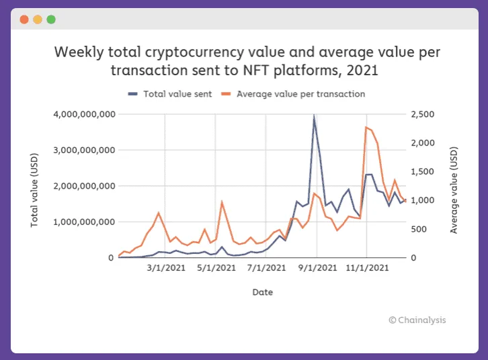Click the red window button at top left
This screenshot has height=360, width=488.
pos(24,19)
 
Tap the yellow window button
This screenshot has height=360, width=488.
pos(38,19)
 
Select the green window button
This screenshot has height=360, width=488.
pos(51,19)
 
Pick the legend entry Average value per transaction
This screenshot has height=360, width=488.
pos(300,94)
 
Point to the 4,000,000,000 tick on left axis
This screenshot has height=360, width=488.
pos(83,114)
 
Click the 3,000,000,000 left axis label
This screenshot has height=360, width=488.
pos(83,150)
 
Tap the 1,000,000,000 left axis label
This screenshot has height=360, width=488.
pos(83,222)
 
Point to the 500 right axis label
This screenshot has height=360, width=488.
pos(419,229)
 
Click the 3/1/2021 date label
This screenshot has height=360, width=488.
pos(165,268)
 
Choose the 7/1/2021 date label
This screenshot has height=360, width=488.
pos(266,268)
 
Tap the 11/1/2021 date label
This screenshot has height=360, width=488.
pos(366,268)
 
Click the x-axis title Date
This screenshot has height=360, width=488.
pos(262,292)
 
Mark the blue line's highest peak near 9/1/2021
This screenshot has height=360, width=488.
pos(314,116)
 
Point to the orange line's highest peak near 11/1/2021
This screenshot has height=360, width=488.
pos(366,127)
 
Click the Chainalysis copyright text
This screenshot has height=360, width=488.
pos(417,320)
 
